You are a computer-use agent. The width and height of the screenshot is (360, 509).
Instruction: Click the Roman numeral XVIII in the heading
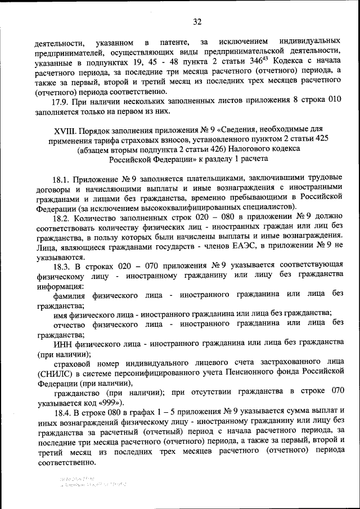(65, 130)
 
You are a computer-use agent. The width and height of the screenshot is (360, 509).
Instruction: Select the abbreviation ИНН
(64, 344)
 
